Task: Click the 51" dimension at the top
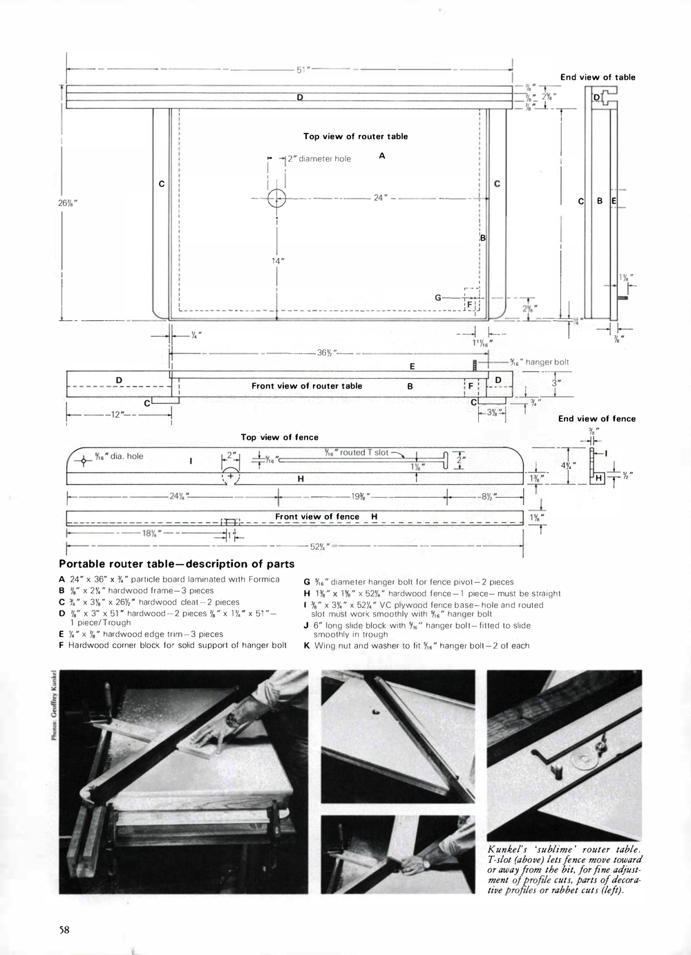pos(303,70)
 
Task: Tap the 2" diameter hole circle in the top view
pos(276,198)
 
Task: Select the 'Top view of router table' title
pos(355,136)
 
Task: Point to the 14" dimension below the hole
pos(277,261)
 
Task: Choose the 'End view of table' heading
pos(598,77)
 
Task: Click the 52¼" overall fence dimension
pos(319,546)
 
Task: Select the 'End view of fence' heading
pos(596,418)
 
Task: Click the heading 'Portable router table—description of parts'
pos(177,564)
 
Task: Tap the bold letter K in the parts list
pos(307,646)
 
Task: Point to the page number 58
pos(64,929)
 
